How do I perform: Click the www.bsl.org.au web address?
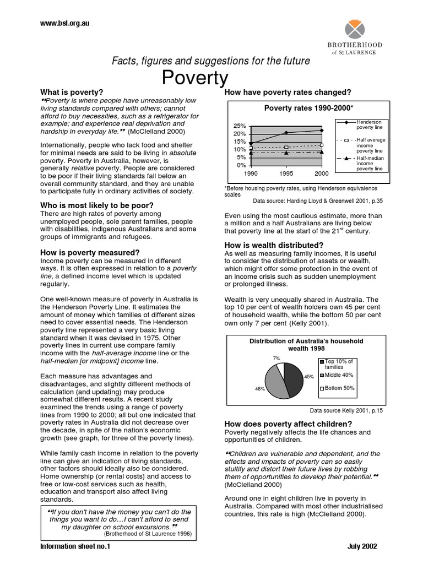[x=64, y=23]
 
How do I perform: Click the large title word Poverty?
[x=195, y=78]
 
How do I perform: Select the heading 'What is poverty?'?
[x=72, y=92]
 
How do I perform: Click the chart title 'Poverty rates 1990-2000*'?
[x=308, y=108]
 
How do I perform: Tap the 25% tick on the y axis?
[x=239, y=126]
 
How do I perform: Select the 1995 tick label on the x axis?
[x=286, y=172]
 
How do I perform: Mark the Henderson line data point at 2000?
[x=322, y=131]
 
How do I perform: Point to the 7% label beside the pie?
[x=276, y=358]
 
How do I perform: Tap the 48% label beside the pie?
[x=259, y=388]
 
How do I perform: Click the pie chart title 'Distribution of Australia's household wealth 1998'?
[x=306, y=345]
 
